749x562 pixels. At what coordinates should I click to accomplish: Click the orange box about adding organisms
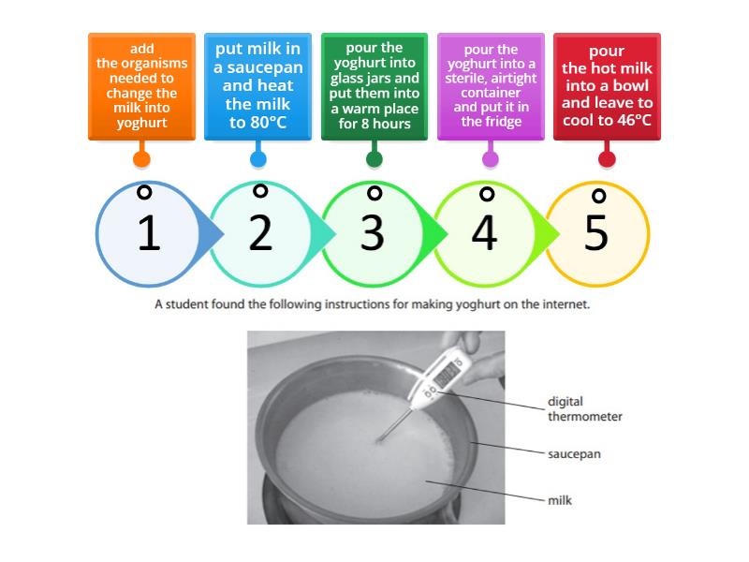point(141,86)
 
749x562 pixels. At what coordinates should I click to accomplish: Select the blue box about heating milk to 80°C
point(257,86)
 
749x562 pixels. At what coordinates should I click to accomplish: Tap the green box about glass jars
point(374,86)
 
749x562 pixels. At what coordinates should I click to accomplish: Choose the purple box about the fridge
point(491,86)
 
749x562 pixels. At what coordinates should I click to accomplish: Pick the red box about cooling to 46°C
point(607,86)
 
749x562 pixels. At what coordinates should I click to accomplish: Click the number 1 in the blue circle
point(148,234)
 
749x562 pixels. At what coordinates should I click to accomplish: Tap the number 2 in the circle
point(260,234)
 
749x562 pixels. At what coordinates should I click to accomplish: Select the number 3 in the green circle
point(373,234)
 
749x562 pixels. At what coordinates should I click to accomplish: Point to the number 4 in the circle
point(484,234)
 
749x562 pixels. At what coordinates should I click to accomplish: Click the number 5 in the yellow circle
point(596,234)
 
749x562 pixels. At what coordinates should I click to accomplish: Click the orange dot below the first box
point(141,158)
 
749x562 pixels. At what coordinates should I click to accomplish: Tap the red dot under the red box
point(607,158)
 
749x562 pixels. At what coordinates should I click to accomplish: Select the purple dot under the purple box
point(491,158)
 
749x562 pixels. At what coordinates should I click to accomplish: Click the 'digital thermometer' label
point(585,409)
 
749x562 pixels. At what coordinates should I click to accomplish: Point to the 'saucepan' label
point(574,454)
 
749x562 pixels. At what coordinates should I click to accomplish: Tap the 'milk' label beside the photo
point(560,500)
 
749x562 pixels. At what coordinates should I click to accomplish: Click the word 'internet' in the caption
point(564,304)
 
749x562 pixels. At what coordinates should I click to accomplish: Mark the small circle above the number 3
point(374,193)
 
